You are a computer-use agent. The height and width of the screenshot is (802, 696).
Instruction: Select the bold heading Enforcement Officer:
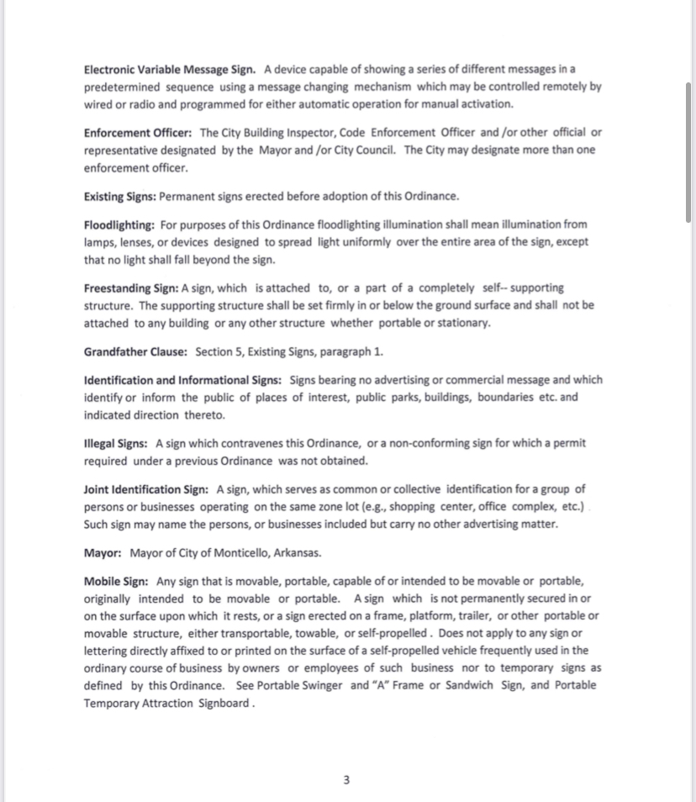coord(139,133)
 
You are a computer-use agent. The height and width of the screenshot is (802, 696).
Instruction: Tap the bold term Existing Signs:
coord(120,196)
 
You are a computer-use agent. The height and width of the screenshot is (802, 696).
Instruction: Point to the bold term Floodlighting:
coord(119,224)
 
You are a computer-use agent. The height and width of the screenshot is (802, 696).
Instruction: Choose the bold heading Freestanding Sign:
coord(131,288)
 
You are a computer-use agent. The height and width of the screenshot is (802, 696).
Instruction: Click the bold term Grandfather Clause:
coord(135,351)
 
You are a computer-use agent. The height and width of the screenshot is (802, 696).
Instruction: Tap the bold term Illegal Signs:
coord(117,442)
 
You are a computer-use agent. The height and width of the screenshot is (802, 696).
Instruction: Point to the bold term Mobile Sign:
coord(117,581)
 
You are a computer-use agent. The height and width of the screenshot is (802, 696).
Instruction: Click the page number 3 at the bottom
coord(346,780)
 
